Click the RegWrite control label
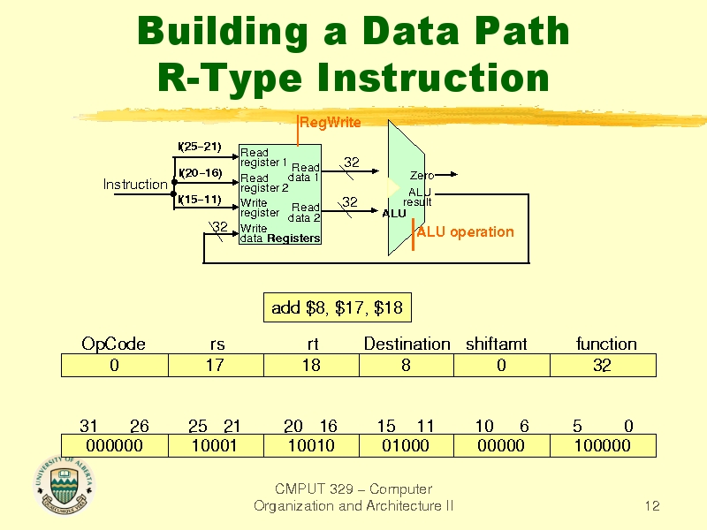(331, 122)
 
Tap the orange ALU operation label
(465, 231)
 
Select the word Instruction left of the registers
(135, 184)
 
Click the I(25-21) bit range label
(199, 146)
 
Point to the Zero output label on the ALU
(422, 177)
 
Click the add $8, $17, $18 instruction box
(337, 308)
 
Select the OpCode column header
(113, 344)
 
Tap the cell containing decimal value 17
(215, 365)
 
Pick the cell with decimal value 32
(602, 365)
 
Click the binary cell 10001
(215, 445)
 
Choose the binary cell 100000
(602, 445)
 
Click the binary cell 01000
(405, 445)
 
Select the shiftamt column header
(496, 344)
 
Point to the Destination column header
(407, 344)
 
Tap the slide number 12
(652, 506)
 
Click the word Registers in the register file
(293, 238)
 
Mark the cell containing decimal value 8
(405, 365)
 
